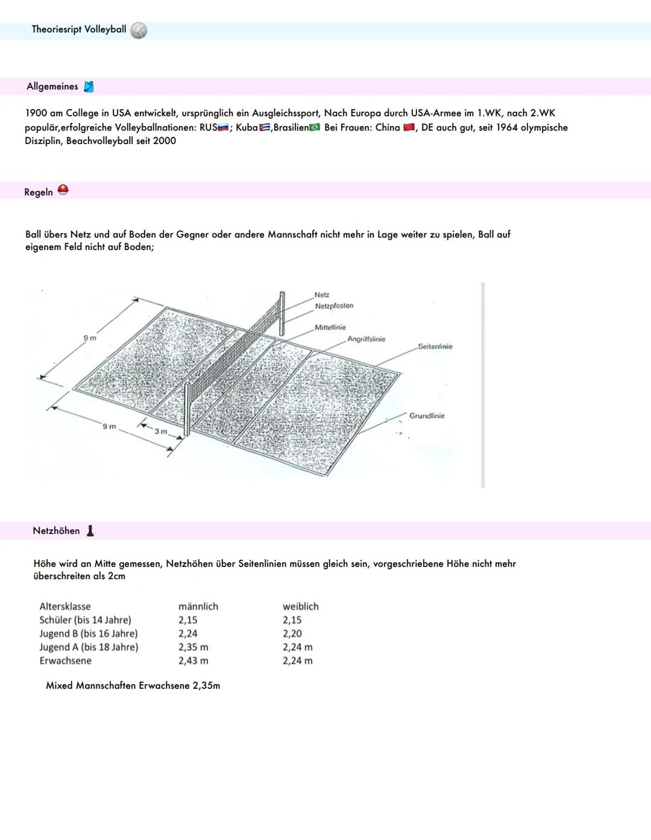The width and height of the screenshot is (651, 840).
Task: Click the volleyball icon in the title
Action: point(139,30)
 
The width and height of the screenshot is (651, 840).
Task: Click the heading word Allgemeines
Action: point(52,86)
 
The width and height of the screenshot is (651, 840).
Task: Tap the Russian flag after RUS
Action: point(223,128)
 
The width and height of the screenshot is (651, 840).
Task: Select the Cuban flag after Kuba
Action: point(265,128)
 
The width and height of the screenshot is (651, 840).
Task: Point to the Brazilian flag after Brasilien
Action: point(314,128)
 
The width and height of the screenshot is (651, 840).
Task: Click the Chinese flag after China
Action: point(409,128)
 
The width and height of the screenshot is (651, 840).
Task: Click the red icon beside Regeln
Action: point(63,190)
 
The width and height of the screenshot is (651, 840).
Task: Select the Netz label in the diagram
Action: point(322,295)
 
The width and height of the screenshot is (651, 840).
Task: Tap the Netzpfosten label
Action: point(334,306)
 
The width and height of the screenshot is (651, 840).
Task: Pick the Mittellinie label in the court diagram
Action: point(330,327)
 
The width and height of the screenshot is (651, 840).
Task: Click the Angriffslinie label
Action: point(366,339)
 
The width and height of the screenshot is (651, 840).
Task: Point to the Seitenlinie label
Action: point(435,346)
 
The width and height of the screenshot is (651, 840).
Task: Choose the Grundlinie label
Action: point(427,416)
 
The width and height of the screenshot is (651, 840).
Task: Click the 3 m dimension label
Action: point(161,431)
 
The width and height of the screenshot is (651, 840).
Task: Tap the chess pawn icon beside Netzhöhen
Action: point(90,530)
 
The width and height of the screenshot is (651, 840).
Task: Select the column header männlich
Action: point(198,606)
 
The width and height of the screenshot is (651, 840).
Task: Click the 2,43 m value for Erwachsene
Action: point(193,660)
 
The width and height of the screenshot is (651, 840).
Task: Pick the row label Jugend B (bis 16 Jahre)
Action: point(89,633)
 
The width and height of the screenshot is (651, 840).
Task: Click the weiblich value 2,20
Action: point(292,633)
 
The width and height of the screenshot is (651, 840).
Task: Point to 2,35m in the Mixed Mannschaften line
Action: point(206,685)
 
